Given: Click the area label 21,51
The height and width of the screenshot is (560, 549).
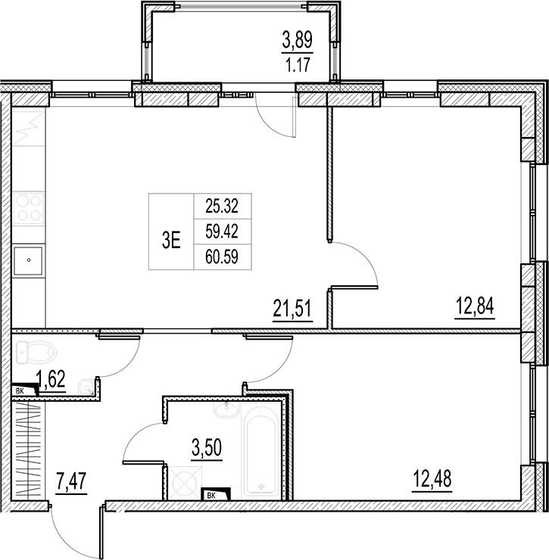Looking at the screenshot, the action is [292, 309].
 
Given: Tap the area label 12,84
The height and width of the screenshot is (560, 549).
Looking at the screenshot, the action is [475, 306].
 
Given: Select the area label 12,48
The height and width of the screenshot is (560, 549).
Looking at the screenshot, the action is [432, 478].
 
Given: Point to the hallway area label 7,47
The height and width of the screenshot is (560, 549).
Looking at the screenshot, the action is [71, 481].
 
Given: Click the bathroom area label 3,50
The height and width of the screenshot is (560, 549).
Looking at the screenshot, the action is [207, 447].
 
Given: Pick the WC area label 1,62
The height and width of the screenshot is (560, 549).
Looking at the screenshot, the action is [51, 380].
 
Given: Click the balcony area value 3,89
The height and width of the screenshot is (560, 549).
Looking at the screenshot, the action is [298, 39].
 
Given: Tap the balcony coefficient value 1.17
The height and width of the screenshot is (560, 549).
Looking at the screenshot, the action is [298, 65].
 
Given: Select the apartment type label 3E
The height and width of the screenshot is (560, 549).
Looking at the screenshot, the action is [171, 241].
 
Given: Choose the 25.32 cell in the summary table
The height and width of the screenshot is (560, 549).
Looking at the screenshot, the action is [222, 206].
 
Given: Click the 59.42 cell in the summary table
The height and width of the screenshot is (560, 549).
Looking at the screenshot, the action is [222, 232].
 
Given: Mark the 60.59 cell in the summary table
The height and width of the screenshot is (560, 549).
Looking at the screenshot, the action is [222, 257].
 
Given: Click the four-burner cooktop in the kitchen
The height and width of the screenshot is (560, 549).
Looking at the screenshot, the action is [29, 208].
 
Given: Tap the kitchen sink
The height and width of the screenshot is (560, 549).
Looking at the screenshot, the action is [28, 261].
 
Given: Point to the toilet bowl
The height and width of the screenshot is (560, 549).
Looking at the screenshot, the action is [36, 353].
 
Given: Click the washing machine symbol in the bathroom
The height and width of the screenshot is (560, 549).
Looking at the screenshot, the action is [185, 483].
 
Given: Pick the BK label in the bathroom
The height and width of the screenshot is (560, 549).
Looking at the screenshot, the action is [211, 496].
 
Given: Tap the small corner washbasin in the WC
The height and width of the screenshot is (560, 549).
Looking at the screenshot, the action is [86, 388].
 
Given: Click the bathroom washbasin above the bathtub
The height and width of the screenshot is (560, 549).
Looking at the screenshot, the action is [226, 410].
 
